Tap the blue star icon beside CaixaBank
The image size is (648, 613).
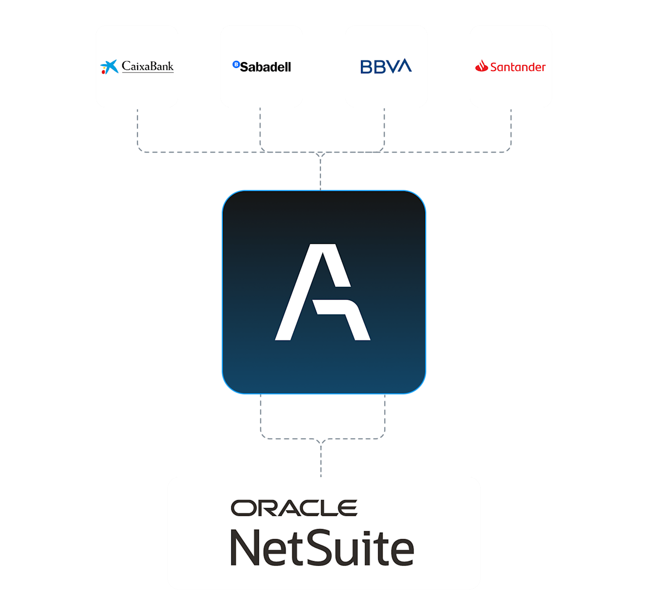click(x=109, y=67)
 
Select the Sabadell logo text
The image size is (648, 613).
click(x=265, y=67)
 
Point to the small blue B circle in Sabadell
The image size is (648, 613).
click(x=236, y=64)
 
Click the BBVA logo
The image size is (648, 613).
click(x=386, y=67)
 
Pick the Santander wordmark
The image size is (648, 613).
click(x=518, y=67)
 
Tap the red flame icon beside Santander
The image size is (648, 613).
click(x=481, y=66)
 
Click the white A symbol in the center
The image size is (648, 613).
click(x=323, y=292)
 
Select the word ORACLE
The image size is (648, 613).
click(x=294, y=508)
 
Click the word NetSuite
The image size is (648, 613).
click(x=322, y=547)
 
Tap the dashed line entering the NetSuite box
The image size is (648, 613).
click(x=321, y=461)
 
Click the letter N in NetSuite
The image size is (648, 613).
click(x=247, y=547)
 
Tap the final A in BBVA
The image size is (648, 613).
click(x=402, y=66)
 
